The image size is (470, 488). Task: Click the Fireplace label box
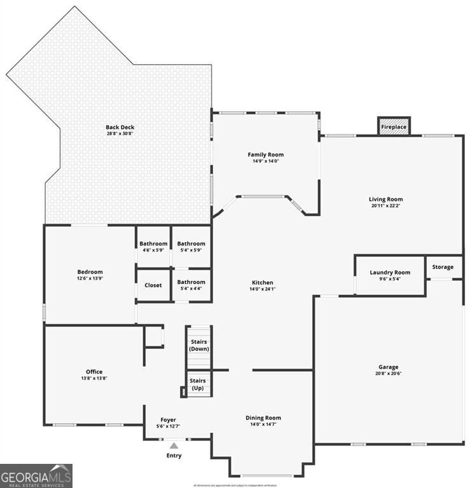pos(394,126)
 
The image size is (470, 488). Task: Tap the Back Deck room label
pos(120,127)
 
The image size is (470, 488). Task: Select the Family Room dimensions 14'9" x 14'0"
pos(265,161)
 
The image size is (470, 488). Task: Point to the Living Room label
pos(386,199)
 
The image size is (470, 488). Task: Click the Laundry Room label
pos(390,273)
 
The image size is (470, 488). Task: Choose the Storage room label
pos(443,267)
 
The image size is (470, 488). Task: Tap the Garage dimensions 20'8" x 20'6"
pos(389,374)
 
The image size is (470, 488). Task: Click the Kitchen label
pos(263,283)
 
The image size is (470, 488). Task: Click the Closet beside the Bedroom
pos(153,285)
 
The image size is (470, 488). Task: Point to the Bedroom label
pos(90,272)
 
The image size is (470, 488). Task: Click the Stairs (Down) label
pos(200,345)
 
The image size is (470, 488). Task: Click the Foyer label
pos(168,419)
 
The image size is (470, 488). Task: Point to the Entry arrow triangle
pos(174,446)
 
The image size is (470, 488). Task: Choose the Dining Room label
pos(263,418)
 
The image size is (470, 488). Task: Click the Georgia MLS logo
pos(36,475)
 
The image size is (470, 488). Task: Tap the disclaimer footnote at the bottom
pos(235,485)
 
